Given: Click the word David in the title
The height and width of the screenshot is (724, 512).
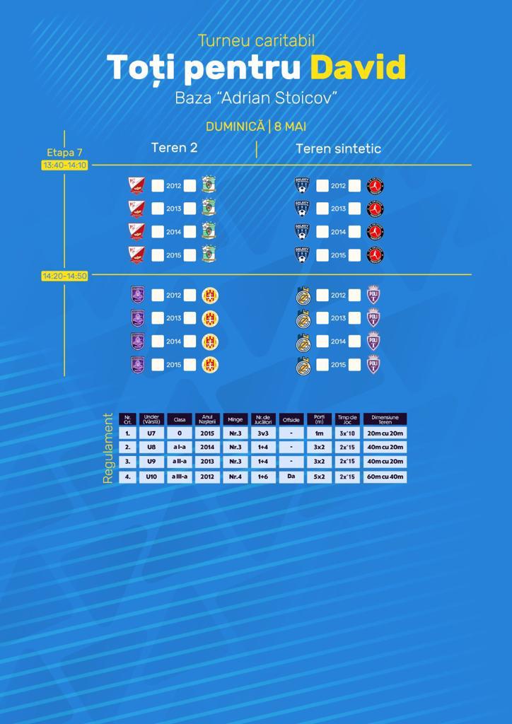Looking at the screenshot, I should [x=358, y=68].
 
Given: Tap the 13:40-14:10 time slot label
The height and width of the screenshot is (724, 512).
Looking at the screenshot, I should [x=64, y=165].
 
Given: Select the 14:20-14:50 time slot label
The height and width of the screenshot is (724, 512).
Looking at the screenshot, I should [x=64, y=276].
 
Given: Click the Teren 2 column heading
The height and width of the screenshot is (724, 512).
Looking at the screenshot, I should [x=174, y=148].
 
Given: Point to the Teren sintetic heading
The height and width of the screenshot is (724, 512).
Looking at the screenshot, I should [x=338, y=148].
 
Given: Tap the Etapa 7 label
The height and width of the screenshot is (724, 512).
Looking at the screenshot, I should [x=64, y=152].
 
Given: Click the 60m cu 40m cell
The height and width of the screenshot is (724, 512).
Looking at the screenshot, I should [x=385, y=477].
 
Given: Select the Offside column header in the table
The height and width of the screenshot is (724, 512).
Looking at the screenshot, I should [x=291, y=419].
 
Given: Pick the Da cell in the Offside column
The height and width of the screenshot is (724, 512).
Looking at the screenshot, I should [x=291, y=477].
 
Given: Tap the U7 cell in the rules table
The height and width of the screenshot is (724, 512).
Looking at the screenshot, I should [x=151, y=433].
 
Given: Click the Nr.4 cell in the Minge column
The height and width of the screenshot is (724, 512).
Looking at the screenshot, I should [x=235, y=477].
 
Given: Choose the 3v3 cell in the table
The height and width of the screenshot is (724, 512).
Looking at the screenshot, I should [x=263, y=433].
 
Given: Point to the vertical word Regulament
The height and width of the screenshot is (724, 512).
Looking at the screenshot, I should [x=108, y=448].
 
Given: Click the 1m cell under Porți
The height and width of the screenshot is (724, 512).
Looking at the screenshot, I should [x=319, y=433].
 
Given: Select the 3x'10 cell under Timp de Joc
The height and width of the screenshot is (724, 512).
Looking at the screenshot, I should [x=347, y=433].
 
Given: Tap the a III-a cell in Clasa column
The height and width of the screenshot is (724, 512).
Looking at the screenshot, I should [x=179, y=477].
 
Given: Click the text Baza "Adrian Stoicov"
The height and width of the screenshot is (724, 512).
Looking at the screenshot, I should [x=255, y=98].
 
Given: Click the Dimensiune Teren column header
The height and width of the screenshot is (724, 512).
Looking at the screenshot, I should [x=385, y=419].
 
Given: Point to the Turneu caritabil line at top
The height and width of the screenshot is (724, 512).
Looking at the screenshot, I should [x=256, y=41].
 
